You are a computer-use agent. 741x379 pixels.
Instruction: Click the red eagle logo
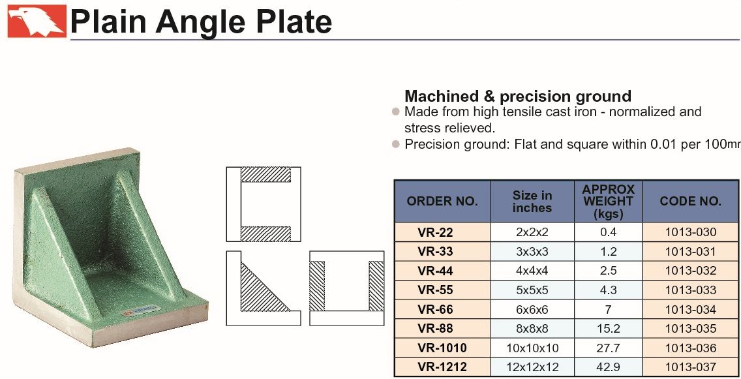pos(37,21)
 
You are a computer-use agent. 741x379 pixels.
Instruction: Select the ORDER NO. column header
pos(442,202)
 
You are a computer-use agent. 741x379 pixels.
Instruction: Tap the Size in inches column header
pos(532,202)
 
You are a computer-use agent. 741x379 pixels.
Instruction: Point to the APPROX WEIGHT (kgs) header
pos(608,202)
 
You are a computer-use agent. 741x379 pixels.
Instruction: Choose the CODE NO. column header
pos(690,202)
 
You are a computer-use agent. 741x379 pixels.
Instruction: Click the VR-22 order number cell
pos(435,232)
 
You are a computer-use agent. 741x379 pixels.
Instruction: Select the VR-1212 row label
pos(442,367)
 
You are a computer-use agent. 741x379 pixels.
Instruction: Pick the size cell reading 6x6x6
pos(532,310)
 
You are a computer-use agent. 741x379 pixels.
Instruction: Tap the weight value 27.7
pos(608,348)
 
